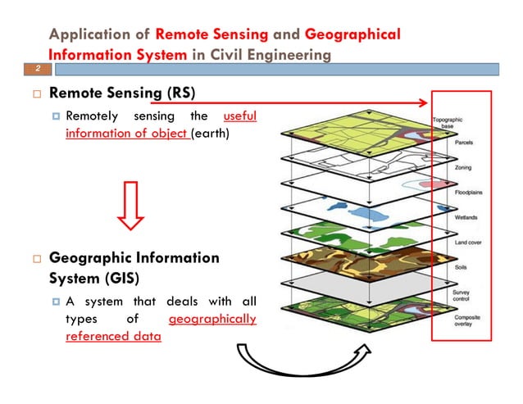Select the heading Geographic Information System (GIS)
(x=134, y=267)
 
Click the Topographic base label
(x=450, y=122)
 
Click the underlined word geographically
(x=211, y=319)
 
